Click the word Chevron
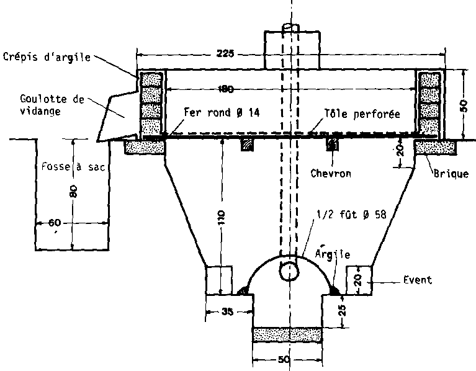pyautogui.click(x=331, y=173)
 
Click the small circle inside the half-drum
pyautogui.click(x=289, y=271)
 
